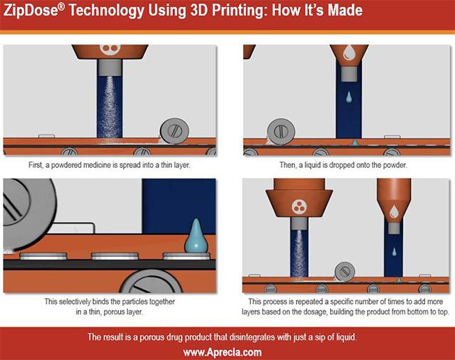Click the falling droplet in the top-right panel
click(x=349, y=95)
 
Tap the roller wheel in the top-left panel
click(x=175, y=132)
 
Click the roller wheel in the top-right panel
click(x=282, y=132)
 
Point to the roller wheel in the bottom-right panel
click(x=345, y=271)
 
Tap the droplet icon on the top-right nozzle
click(x=348, y=51)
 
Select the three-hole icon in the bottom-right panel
click(x=299, y=207)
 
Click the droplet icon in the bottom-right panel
click(x=394, y=209)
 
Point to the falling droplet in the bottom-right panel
click(x=395, y=252)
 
